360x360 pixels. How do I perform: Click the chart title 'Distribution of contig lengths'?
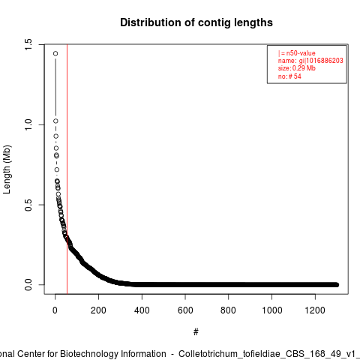196,22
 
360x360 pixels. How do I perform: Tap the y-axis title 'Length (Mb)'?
7,169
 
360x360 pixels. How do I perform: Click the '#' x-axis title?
196,332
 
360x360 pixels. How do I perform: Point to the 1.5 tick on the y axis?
28,44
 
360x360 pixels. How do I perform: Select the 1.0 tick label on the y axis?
28,124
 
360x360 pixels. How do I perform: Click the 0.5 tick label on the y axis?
28,205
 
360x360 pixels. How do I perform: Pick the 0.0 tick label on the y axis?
28,285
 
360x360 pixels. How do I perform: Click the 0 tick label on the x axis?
55,310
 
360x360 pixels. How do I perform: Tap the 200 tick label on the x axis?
98,310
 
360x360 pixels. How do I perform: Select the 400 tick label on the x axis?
142,310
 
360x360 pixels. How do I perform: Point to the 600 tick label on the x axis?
185,310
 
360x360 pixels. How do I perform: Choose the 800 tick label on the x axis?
228,310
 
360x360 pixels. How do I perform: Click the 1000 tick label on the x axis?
271,310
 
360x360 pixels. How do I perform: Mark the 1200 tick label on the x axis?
315,310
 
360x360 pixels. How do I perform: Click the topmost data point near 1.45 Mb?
55,53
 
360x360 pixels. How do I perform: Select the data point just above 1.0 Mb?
55,121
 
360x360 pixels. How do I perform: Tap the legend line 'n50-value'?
297,53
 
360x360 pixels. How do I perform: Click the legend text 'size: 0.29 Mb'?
297,68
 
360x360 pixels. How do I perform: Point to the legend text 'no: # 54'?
289,76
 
